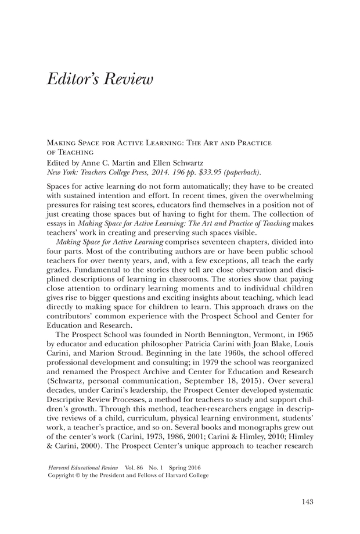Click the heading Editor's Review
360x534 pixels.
pyautogui.click(x=99, y=79)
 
